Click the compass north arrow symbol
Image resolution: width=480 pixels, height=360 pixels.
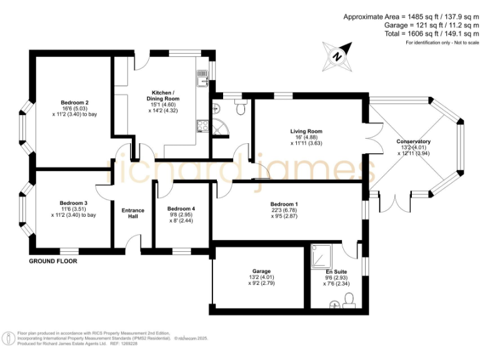(x=338, y=56)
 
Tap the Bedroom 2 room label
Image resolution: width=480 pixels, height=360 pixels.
(x=74, y=102)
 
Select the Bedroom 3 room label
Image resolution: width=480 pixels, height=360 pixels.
(x=73, y=203)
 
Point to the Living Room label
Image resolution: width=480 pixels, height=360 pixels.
(x=306, y=131)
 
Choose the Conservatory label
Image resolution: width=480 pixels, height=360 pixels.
(x=413, y=142)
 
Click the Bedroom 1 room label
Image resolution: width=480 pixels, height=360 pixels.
(x=284, y=204)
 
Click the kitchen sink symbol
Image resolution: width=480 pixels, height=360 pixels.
(x=202, y=79)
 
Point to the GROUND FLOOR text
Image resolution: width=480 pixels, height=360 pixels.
(x=53, y=261)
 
